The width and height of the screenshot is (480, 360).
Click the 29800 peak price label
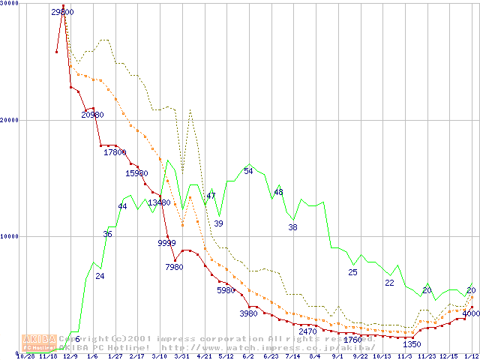(62, 12)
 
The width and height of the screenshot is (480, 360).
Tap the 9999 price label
(166, 243)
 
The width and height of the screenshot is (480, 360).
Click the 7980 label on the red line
(174, 267)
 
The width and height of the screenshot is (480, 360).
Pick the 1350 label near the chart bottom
(412, 344)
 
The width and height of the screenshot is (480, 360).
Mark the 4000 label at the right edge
(471, 314)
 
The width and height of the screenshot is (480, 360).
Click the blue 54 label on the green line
(248, 172)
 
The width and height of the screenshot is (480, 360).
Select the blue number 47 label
(211, 196)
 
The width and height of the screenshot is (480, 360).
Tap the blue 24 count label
(100, 277)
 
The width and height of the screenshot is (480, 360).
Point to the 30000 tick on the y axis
(10, 4)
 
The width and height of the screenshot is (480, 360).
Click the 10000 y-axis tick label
(10, 236)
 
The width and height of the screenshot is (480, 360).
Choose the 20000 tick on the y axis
(10, 120)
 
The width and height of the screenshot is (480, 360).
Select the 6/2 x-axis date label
(248, 356)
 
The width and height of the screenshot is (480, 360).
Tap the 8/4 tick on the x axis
(314, 356)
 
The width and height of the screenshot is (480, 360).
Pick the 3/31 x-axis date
(181, 356)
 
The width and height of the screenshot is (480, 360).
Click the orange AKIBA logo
(37, 343)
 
